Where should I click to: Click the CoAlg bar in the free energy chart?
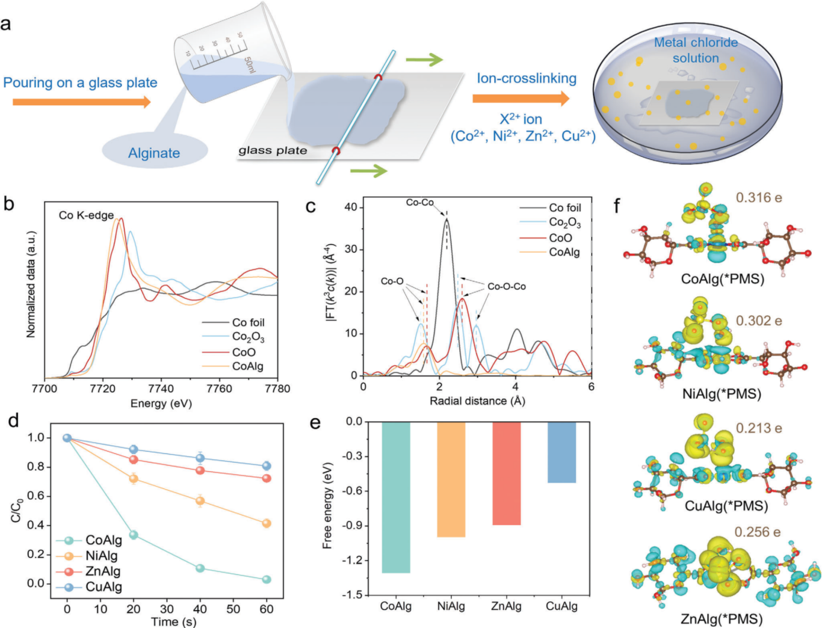pos(395,497)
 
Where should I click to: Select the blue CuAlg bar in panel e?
pos(561,452)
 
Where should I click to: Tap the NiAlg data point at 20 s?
pos(134,479)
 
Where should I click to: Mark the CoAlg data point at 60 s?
pos(266,579)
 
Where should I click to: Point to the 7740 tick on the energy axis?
pos(161,389)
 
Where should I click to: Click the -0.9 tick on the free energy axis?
pos(351,526)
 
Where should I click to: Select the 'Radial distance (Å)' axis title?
pos(477,401)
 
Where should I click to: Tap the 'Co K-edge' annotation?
pos(86,215)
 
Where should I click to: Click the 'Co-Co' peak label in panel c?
pos(419,203)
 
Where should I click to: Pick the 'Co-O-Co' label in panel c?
pos(506,286)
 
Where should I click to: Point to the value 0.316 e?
pos(759,197)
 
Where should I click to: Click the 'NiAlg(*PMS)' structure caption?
pos(722,394)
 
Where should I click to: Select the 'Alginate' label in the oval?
pos(154,153)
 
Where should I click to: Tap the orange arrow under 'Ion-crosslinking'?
pos(521,98)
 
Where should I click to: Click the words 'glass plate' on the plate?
pos(273,150)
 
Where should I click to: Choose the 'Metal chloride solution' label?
pos(696,50)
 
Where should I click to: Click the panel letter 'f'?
pos(617,206)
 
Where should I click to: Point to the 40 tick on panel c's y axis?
pos(350,207)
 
